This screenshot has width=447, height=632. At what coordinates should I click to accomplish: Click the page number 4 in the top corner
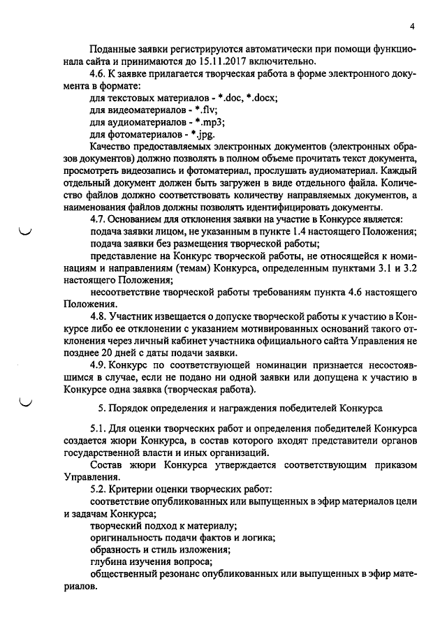412,27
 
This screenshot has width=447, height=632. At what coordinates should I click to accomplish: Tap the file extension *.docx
260,98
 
